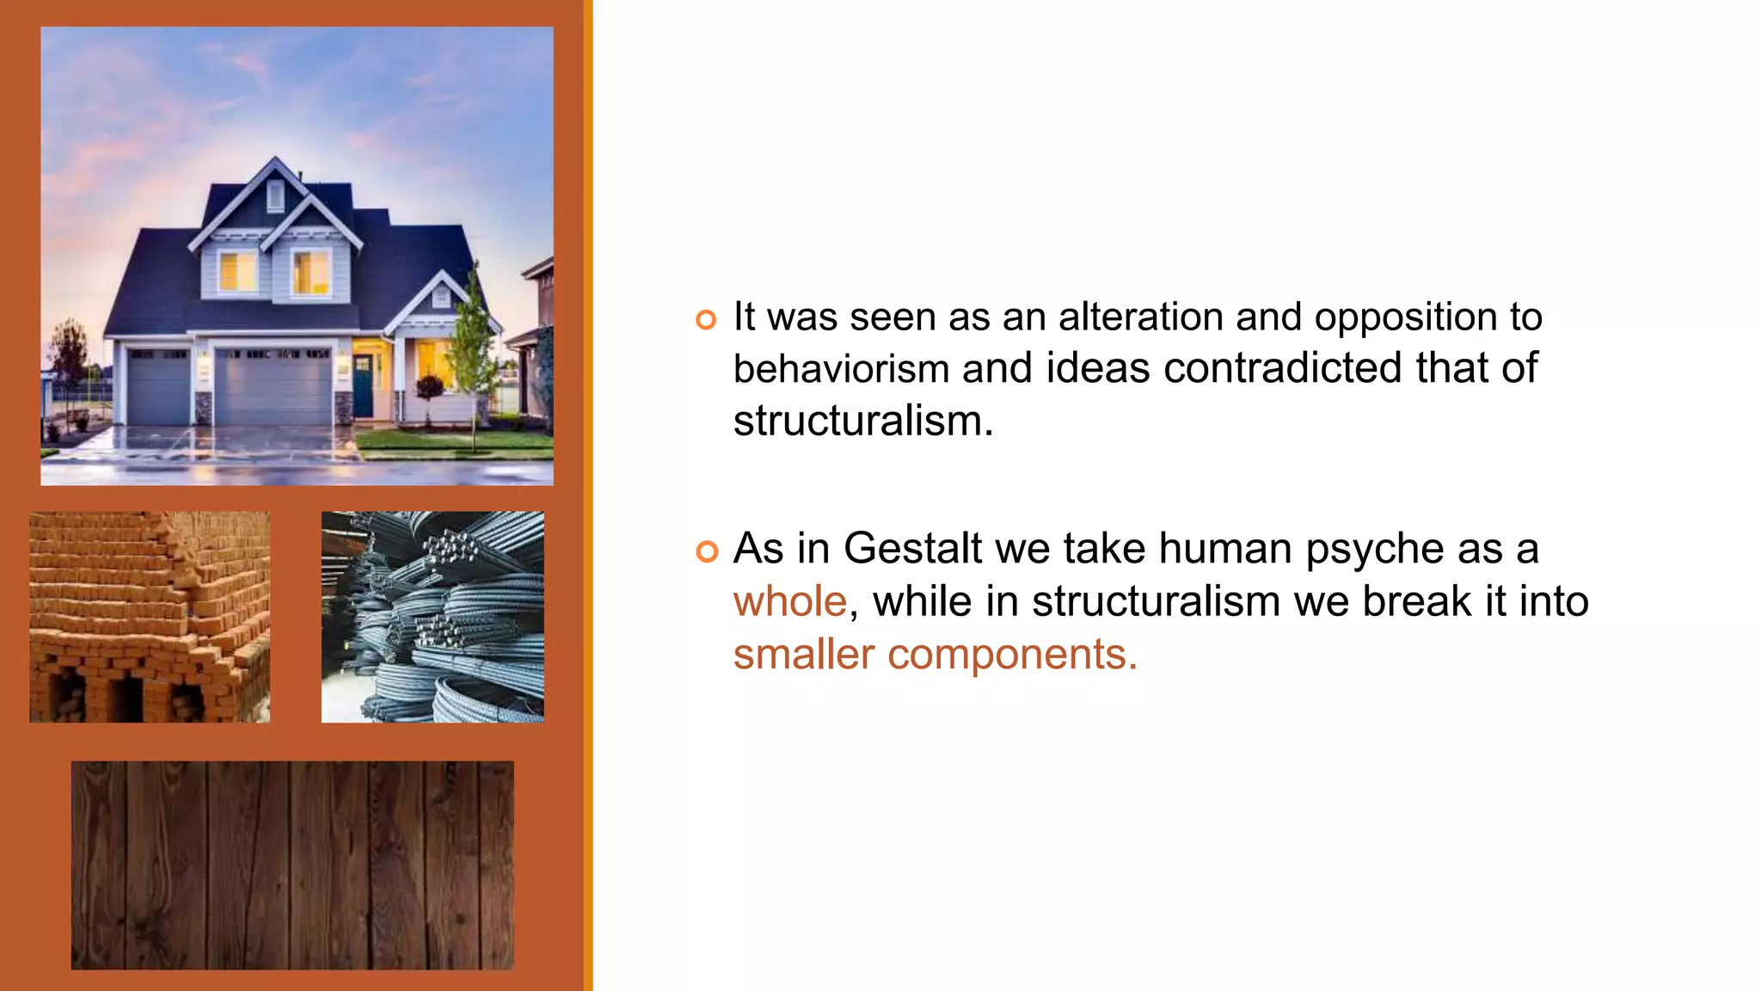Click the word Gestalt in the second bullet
[x=912, y=548]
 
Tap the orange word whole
[x=789, y=601]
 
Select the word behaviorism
[x=841, y=369]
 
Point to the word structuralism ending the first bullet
[x=862, y=422]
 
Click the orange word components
[x=1012, y=655]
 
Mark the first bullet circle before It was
[x=706, y=320]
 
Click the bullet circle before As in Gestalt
[x=706, y=551]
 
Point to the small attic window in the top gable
[x=274, y=195]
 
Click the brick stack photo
[x=150, y=617]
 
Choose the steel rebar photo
[x=433, y=617]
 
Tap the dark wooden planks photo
[x=292, y=865]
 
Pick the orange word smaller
[x=803, y=655]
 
